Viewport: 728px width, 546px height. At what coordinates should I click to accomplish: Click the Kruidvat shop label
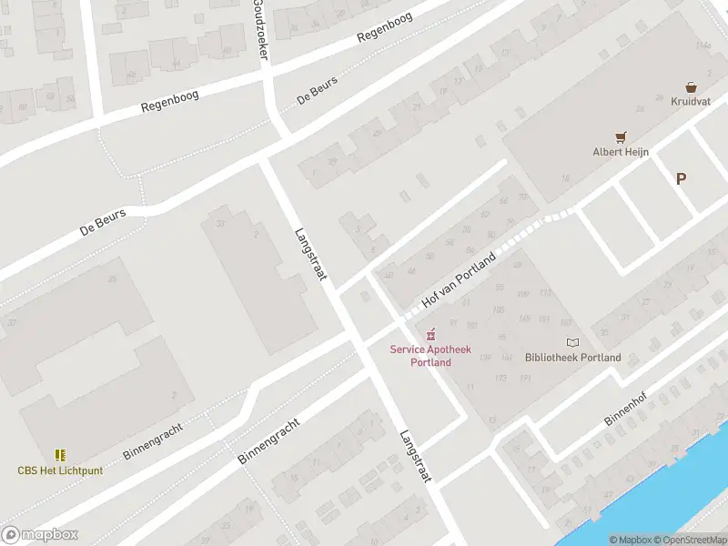point(691,101)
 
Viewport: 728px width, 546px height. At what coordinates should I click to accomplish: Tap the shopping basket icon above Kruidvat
point(692,87)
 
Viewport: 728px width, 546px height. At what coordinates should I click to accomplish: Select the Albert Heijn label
point(621,152)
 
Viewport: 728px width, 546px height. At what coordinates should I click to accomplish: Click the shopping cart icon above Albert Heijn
point(622,138)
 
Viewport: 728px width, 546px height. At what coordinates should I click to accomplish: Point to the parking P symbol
point(681,179)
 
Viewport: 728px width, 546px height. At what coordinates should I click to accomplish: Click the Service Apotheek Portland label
point(420,355)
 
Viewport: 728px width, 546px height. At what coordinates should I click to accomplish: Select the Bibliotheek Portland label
point(573,358)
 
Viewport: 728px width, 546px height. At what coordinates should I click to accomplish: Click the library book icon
point(572,343)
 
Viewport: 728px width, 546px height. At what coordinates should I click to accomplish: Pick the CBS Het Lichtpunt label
point(60,470)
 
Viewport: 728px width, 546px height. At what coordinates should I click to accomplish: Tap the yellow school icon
point(60,455)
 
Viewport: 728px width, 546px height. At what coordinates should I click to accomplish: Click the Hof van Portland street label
point(460,280)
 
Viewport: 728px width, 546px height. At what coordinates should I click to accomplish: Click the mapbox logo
point(40,535)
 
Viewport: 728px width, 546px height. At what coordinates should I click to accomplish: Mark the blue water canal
point(655,491)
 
